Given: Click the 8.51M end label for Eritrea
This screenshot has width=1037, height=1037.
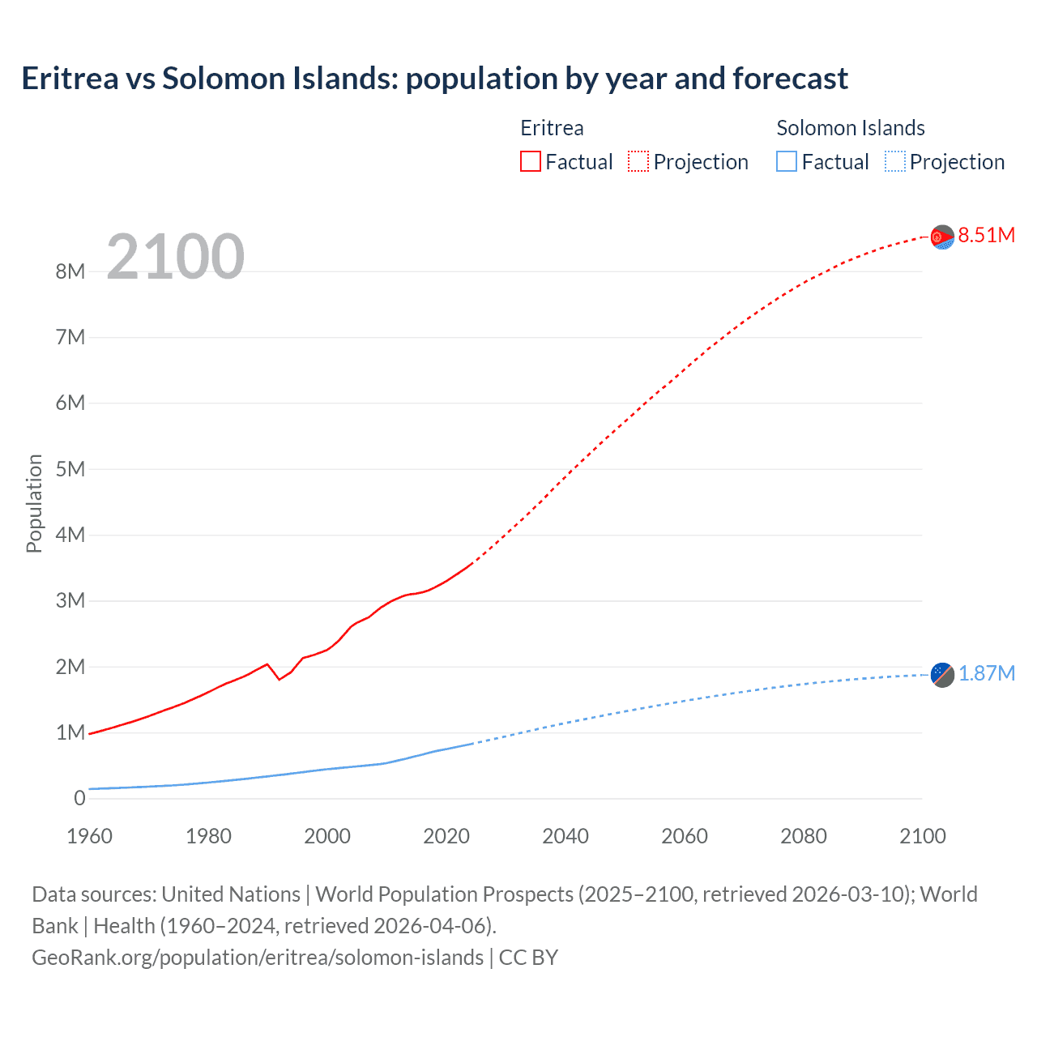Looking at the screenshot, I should (x=986, y=236).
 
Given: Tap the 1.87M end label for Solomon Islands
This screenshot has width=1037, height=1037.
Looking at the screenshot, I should (x=986, y=674).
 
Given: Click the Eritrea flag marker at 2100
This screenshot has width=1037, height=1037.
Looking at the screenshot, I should (x=941, y=237).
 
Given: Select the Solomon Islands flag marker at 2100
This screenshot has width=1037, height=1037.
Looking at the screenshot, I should (x=941, y=674).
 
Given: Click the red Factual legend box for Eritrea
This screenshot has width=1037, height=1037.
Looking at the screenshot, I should (x=530, y=162).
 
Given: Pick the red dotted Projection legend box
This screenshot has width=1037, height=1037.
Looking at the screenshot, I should (x=638, y=162).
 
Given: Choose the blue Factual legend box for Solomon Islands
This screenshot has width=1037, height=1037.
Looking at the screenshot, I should (x=786, y=162).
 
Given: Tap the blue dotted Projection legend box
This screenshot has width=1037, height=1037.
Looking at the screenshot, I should (x=894, y=162).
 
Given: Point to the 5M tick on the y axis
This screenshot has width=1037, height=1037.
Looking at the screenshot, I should (x=70, y=469).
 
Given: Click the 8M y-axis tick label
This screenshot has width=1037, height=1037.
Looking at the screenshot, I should (x=70, y=271).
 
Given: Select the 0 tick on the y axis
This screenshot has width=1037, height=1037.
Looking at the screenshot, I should (x=79, y=799).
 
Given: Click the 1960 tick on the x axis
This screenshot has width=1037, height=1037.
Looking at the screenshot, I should (x=89, y=836).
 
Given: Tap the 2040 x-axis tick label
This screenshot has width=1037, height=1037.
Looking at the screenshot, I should (x=565, y=836).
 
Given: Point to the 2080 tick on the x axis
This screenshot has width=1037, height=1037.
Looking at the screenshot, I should (x=804, y=836).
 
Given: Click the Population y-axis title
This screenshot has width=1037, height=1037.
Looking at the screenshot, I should (x=34, y=503).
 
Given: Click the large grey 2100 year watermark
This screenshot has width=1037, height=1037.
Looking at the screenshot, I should (x=175, y=257).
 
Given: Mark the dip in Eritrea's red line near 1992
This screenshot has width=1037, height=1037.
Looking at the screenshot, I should (x=280, y=679).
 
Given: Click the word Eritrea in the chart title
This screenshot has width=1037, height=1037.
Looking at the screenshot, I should (x=70, y=79).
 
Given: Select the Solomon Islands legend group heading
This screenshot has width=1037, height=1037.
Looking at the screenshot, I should (x=850, y=128).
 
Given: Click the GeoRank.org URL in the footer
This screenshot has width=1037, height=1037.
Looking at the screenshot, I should (x=258, y=958).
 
